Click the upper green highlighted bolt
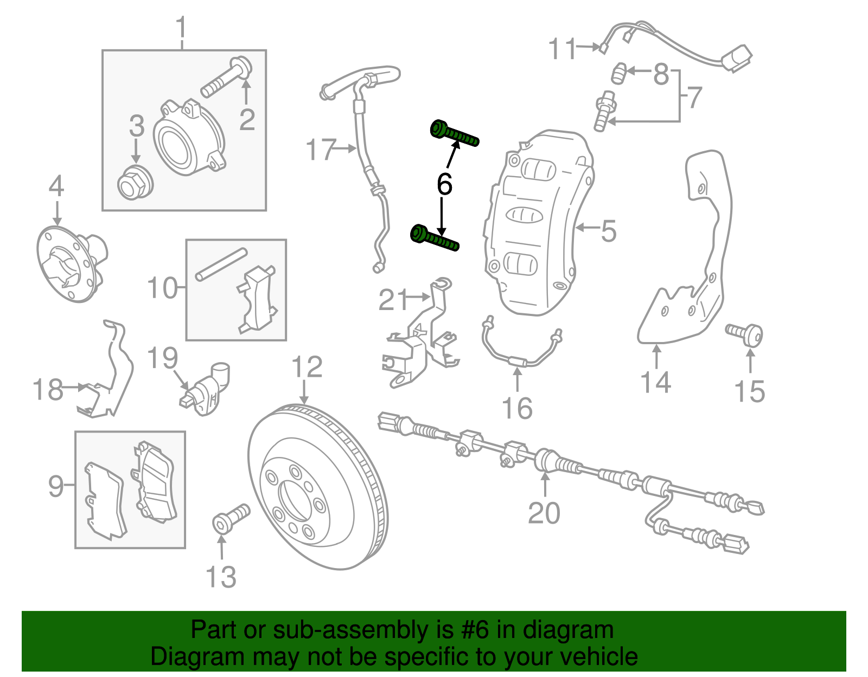pyautogui.click(x=455, y=135)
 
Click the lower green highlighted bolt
pyautogui.click(x=435, y=238)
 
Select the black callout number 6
pyautogui.click(x=444, y=184)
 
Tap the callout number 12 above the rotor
pyautogui.click(x=307, y=367)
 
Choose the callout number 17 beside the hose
pyautogui.click(x=321, y=150)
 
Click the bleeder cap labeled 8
pyautogui.click(x=620, y=73)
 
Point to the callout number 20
pyautogui.click(x=544, y=513)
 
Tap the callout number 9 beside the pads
pyautogui.click(x=56, y=486)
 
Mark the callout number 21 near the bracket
pyautogui.click(x=393, y=300)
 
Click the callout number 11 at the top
pyautogui.click(x=562, y=49)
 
